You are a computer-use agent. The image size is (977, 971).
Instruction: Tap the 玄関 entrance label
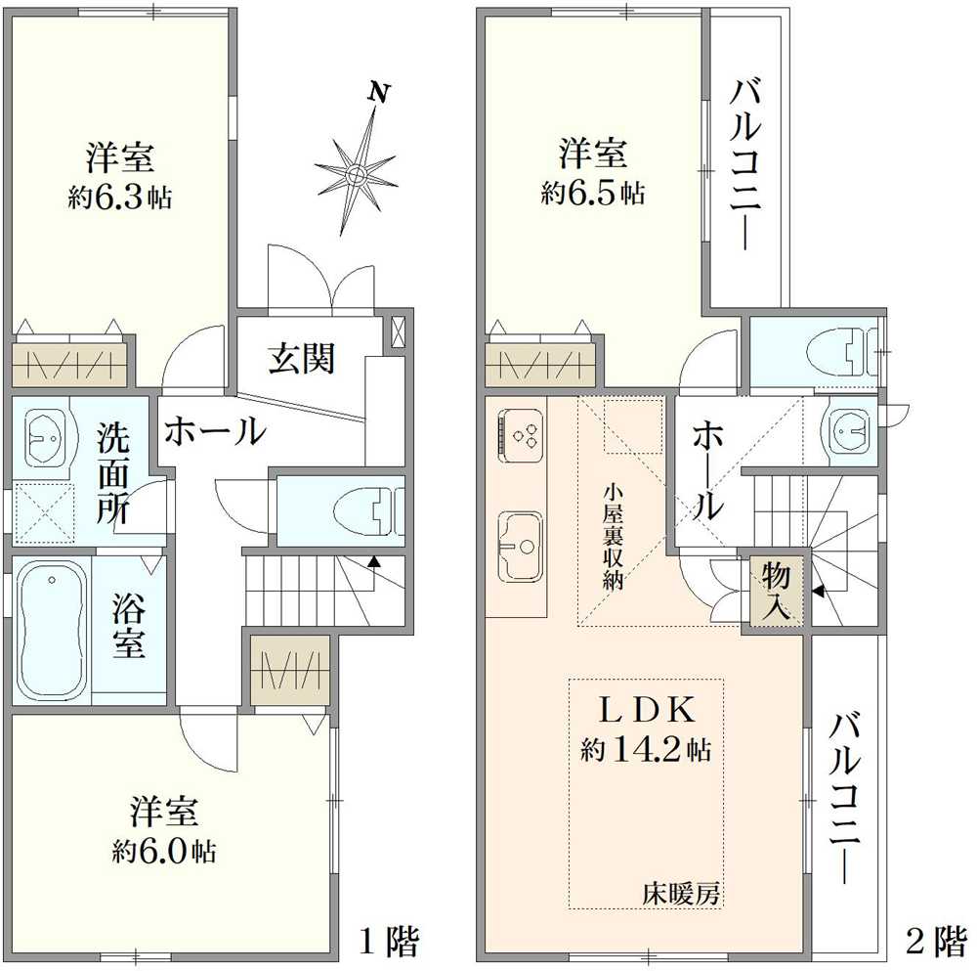[302, 359]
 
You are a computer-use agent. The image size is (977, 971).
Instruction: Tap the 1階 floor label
[389, 942]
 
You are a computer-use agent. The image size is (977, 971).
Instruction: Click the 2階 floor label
[935, 942]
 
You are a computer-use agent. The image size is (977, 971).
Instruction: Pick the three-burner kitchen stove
[521, 433]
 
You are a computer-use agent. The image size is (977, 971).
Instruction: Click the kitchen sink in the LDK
[522, 546]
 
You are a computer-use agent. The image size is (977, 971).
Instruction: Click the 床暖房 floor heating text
[681, 892]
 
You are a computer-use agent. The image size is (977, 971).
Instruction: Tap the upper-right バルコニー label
[747, 166]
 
